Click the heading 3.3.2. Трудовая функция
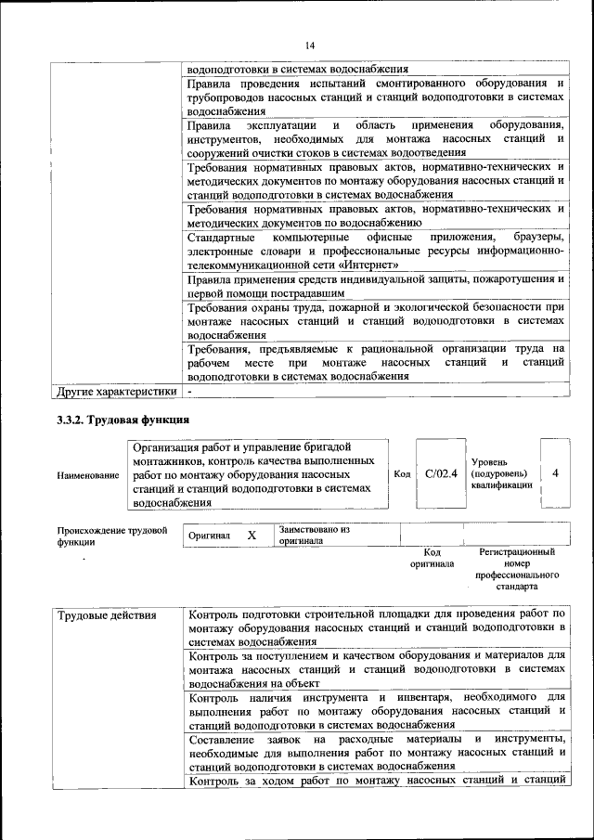(123, 420)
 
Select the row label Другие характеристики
(116, 392)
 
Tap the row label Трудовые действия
(107, 614)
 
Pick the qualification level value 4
(554, 473)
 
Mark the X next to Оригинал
(251, 536)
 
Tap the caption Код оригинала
(432, 558)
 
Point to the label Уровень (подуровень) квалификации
(501, 472)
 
